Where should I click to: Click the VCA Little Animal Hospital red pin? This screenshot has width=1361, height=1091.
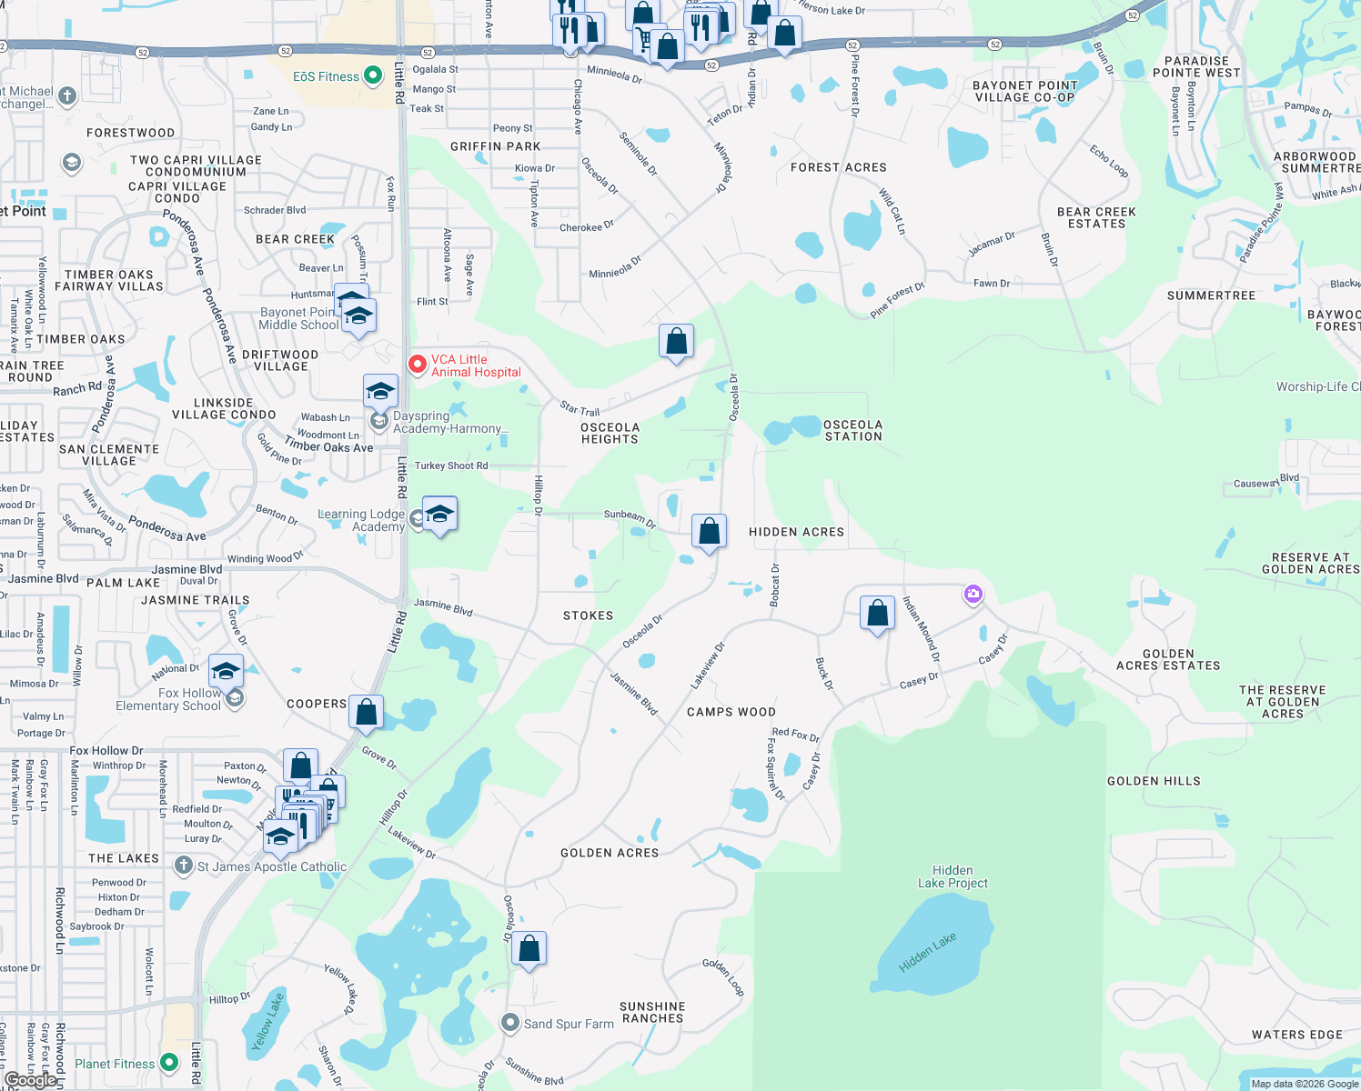tap(418, 365)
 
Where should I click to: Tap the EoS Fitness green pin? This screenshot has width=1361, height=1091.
tap(373, 76)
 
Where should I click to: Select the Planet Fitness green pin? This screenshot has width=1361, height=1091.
tap(169, 1062)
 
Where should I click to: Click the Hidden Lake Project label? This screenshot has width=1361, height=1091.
tap(953, 876)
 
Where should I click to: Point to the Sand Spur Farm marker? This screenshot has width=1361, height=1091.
tap(510, 1023)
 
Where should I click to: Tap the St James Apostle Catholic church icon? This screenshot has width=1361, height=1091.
tap(184, 866)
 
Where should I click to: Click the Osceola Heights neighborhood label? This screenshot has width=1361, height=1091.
tap(610, 433)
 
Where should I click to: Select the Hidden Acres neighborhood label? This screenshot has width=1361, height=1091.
tap(796, 532)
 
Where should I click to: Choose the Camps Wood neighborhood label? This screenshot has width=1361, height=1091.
tap(731, 712)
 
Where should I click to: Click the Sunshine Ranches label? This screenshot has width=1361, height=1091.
tap(652, 1012)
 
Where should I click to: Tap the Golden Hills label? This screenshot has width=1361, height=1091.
tap(1154, 781)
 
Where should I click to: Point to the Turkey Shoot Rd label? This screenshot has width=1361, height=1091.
tap(451, 465)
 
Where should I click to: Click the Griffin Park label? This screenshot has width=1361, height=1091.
tap(496, 146)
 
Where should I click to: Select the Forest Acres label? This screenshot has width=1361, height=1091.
tap(839, 167)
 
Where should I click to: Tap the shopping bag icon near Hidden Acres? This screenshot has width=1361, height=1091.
tap(709, 531)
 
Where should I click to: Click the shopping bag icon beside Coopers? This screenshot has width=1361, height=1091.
tap(366, 712)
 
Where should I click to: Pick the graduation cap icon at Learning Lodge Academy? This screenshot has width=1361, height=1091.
tap(439, 514)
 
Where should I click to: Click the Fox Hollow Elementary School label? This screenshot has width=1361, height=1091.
tap(168, 699)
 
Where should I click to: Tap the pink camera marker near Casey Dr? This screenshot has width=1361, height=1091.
tap(973, 595)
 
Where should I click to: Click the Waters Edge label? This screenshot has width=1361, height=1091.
tap(1296, 1035)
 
